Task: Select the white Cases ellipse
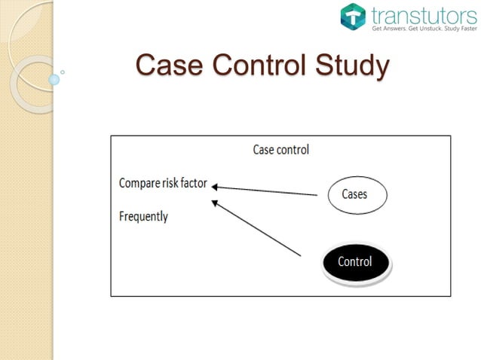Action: [357, 194]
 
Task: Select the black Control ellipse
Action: [355, 262]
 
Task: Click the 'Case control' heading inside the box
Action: [280, 150]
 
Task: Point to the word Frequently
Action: [143, 217]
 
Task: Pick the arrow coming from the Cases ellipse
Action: [264, 190]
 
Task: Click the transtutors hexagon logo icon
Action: [353, 17]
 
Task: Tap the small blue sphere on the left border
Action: [54, 78]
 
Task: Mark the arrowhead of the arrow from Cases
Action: [214, 185]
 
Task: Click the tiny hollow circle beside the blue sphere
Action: [62, 72]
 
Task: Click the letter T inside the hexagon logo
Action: [353, 17]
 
